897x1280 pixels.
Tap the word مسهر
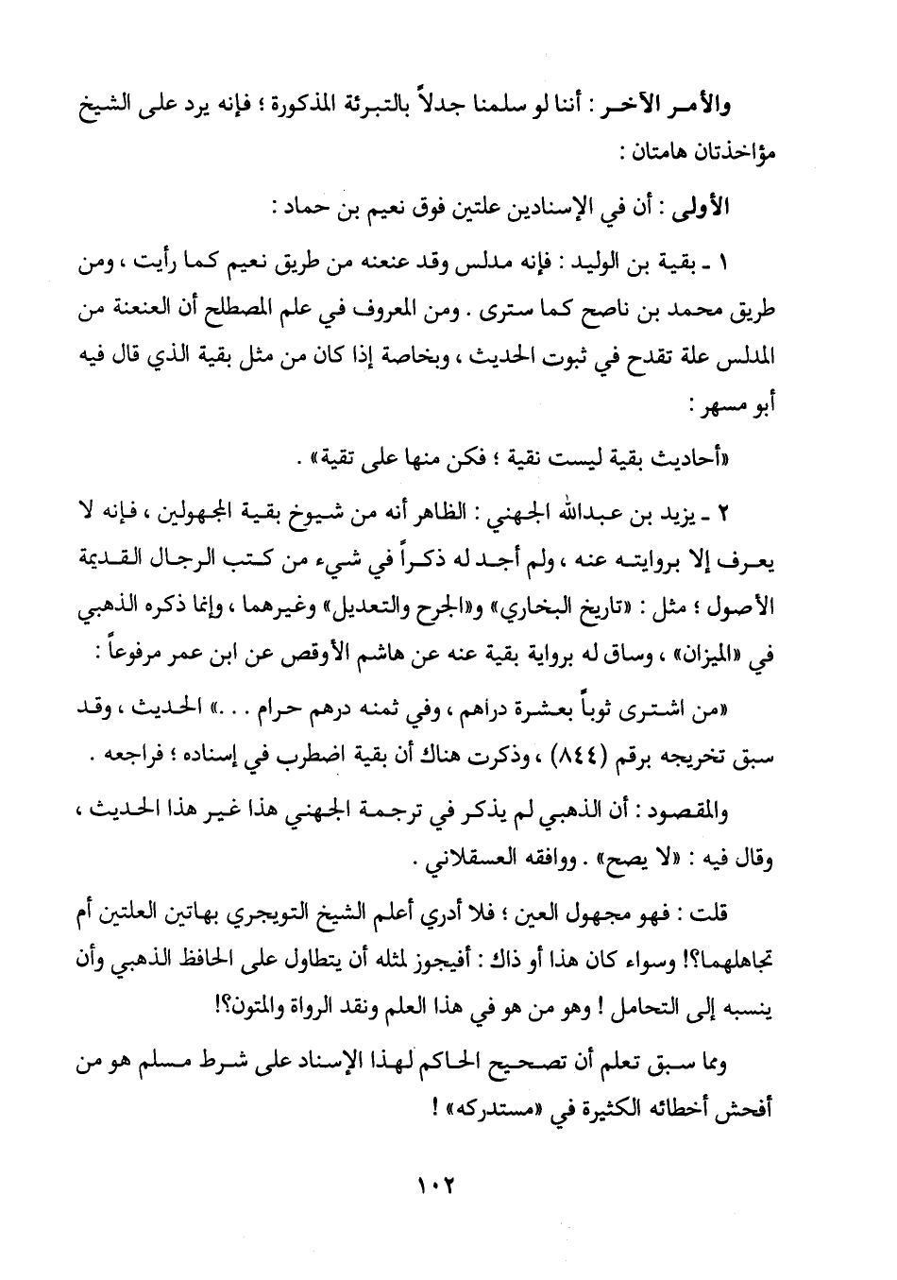[x=730, y=408]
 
